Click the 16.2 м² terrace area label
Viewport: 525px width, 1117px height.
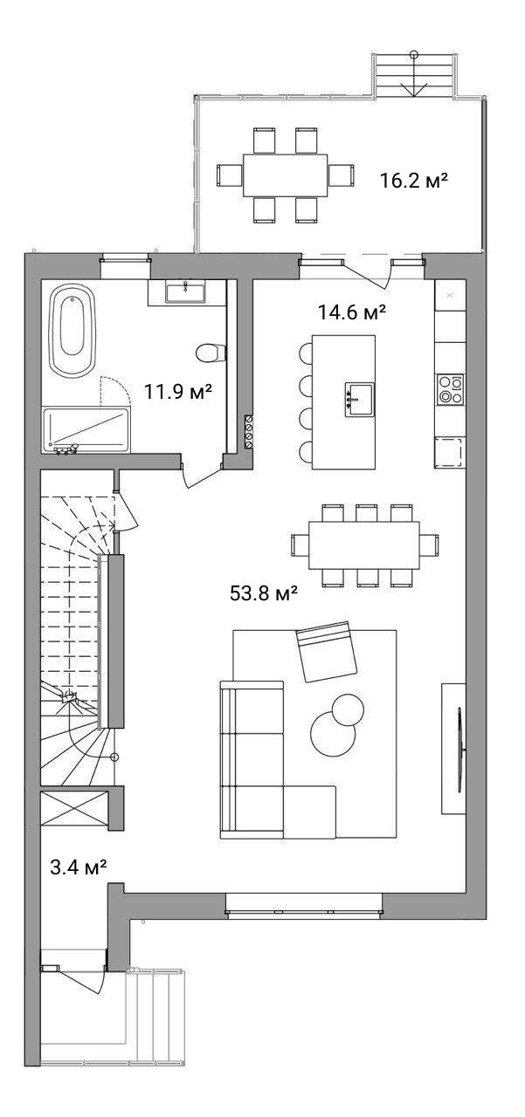click(x=413, y=180)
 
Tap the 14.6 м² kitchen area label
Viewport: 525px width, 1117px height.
click(x=352, y=312)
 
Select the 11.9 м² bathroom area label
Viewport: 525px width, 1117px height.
click(x=178, y=392)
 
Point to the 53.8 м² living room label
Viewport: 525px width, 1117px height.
click(x=264, y=593)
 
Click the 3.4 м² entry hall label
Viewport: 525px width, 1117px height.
click(x=79, y=867)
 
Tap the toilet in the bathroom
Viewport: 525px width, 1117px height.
click(x=211, y=354)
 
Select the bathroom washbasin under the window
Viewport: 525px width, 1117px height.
click(x=185, y=292)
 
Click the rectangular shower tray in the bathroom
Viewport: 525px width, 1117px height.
click(x=86, y=430)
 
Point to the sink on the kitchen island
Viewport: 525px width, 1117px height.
click(x=359, y=400)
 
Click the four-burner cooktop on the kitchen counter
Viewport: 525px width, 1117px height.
click(x=450, y=390)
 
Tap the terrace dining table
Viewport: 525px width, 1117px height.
click(x=285, y=175)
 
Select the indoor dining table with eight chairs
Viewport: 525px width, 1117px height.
click(x=364, y=545)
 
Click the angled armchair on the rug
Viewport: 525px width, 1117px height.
click(x=327, y=651)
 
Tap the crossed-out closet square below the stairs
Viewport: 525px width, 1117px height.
click(x=74, y=808)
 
